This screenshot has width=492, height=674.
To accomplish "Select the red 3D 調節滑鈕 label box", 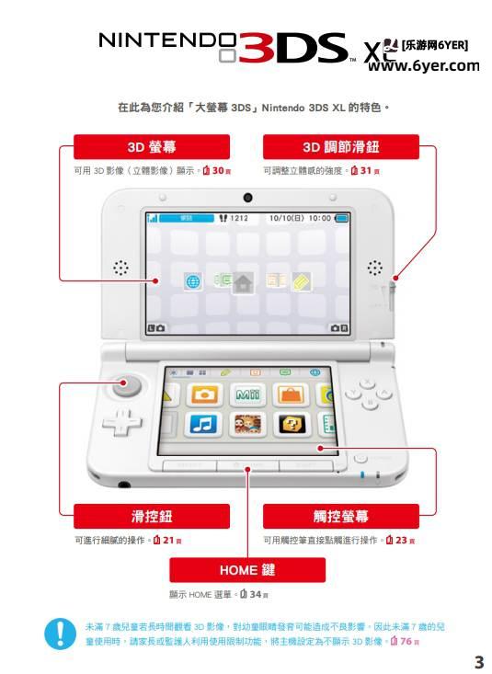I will (x=340, y=147).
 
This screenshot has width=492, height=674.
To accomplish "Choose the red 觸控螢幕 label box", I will (x=340, y=516).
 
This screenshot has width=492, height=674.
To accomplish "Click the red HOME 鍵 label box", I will (x=246, y=570).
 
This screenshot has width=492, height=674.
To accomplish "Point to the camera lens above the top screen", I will (x=247, y=199).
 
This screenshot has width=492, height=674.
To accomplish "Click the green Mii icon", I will (x=247, y=394).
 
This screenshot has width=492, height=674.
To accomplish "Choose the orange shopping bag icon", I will (x=291, y=394).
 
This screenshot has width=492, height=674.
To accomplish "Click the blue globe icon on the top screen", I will (x=193, y=282).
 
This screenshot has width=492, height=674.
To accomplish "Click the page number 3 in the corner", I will (x=477, y=661).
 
